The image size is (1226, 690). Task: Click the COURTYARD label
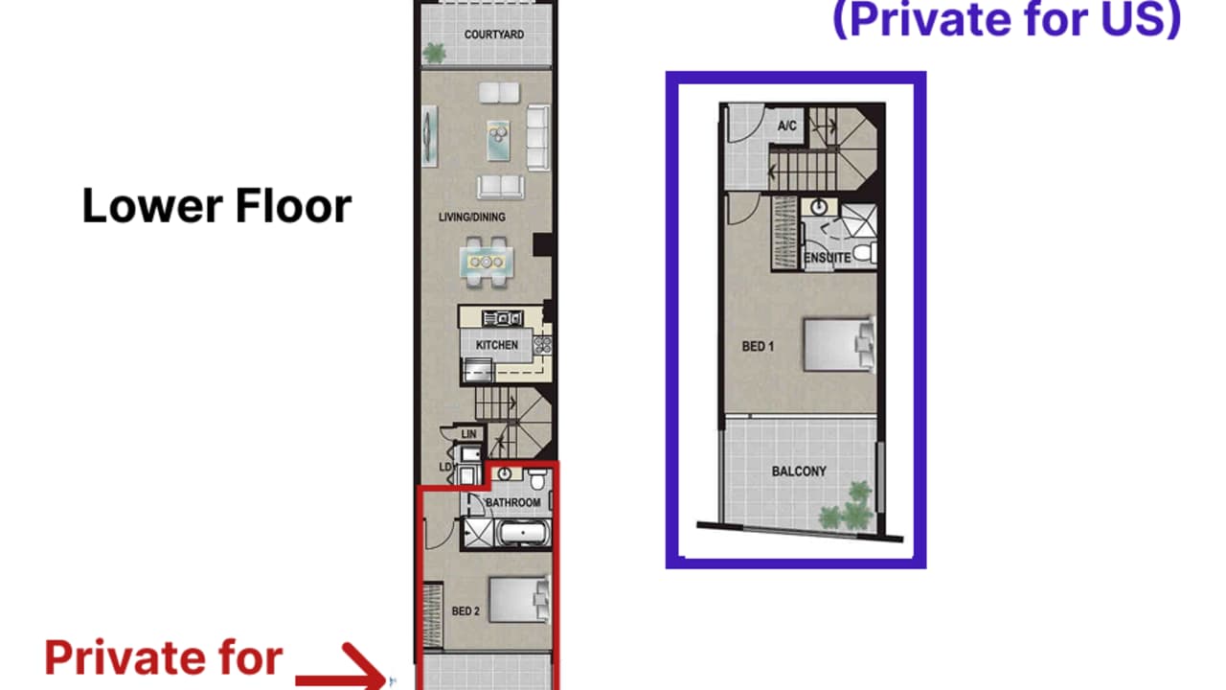[493, 34]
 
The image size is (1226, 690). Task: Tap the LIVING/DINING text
[471, 218]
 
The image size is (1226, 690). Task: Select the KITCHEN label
[496, 345]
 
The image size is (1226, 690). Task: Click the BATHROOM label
[512, 502]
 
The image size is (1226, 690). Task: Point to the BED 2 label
[465, 611]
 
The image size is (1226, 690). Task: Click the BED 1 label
[758, 347]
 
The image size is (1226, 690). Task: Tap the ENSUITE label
[828, 258]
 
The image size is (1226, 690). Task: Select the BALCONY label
[799, 471]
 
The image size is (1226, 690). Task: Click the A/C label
[787, 126]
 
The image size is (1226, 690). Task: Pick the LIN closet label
[468, 435]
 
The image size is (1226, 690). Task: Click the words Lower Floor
[216, 206]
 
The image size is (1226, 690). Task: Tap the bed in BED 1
[838, 344]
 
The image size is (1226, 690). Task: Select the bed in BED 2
[518, 600]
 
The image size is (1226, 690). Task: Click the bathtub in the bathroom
[523, 532]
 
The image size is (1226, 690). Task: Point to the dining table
[487, 261]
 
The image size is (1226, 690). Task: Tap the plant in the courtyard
[435, 54]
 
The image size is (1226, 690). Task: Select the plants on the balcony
[848, 509]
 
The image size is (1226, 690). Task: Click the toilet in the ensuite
[864, 252]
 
